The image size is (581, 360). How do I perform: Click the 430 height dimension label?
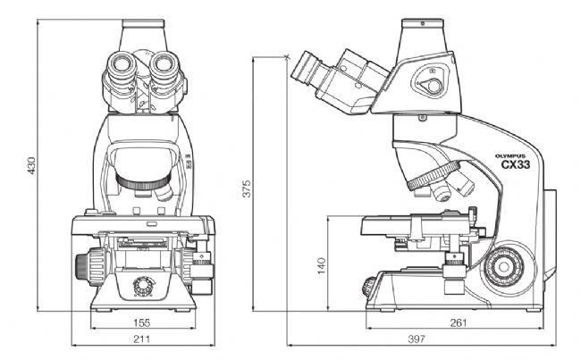31,165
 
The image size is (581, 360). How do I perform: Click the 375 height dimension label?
247,188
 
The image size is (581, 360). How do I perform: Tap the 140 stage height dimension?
322,265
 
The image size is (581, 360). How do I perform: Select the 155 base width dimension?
142,323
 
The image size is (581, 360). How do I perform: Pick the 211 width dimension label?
142,339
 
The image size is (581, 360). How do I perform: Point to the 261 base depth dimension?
459,323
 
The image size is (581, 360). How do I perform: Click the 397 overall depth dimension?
417,339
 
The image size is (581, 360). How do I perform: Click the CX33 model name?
516,164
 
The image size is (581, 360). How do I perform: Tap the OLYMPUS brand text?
510,156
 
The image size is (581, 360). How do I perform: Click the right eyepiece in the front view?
164,63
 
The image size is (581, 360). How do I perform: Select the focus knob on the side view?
503,266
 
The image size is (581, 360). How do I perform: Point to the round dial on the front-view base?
142,286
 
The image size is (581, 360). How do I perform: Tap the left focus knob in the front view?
91,266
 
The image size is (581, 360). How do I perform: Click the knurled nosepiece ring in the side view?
434,175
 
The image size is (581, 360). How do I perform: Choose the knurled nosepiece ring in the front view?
143,182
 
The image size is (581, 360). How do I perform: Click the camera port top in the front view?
143,23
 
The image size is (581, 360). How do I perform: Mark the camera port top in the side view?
423,23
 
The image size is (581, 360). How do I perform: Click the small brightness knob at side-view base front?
368,287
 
